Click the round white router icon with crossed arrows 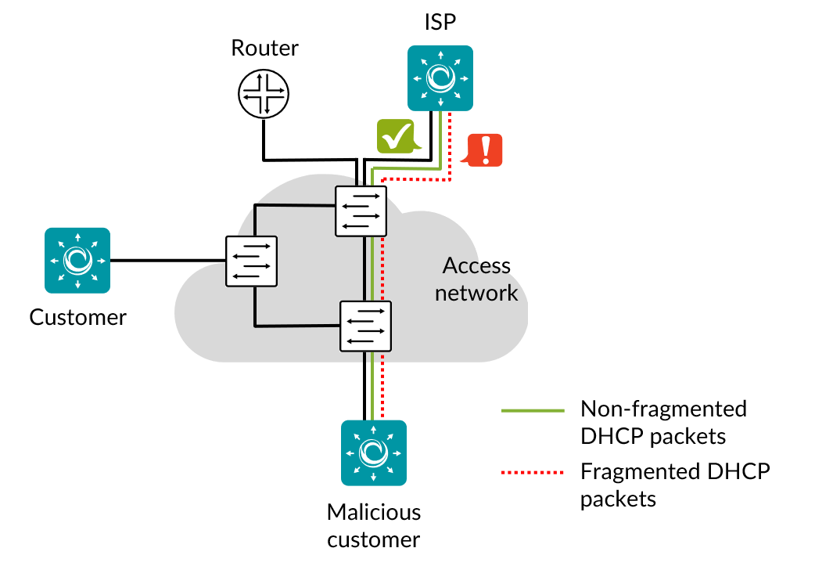[264, 94]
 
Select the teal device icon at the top [440, 78]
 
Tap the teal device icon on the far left [77, 260]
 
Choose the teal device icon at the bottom [374, 452]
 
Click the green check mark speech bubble [397, 136]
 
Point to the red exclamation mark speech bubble [484, 150]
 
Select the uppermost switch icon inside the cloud [361, 211]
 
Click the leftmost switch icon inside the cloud [251, 261]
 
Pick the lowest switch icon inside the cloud [365, 326]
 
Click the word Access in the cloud [476, 266]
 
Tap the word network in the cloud [476, 293]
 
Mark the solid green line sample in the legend [533, 410]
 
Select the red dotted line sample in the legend [533, 472]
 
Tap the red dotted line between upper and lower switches [382, 269]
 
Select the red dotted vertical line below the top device [450, 145]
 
